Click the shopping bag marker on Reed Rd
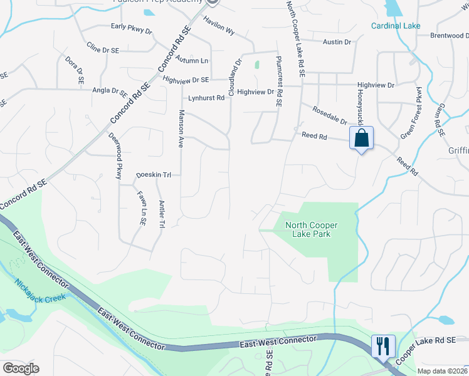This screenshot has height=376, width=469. [362, 138]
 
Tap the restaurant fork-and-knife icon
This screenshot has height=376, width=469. [382, 345]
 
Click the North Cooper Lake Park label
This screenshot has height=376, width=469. [311, 229]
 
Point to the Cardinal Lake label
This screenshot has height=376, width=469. [396, 26]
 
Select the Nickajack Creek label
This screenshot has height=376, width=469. [40, 290]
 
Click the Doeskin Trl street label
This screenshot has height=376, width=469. [154, 175]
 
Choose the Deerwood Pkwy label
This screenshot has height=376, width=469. [115, 156]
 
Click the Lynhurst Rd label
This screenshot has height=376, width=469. [206, 98]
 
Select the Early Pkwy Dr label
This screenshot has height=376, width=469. [132, 26]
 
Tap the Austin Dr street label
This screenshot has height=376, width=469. [337, 42]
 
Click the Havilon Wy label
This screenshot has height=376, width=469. [219, 26]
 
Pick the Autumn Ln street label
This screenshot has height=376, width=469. [192, 61]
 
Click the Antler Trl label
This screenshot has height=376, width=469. [161, 214]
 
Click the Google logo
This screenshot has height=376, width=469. [21, 368]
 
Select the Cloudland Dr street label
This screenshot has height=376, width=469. [235, 76]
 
